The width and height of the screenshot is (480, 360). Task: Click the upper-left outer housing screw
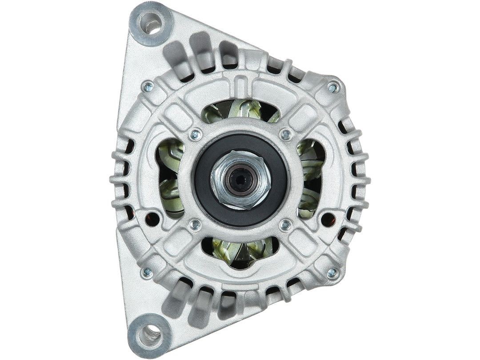pos(148,86)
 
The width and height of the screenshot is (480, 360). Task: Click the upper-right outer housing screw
pos(332,88)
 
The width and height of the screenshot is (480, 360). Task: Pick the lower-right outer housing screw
pos(331,272)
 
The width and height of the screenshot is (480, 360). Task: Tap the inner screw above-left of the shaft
pos(195,133)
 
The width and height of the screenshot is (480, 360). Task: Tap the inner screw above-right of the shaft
pos(286,134)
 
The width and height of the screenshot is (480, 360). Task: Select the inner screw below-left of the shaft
pos(194,225)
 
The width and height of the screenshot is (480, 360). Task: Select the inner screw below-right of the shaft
pos(285,225)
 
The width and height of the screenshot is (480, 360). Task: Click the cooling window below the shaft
pos(240,249)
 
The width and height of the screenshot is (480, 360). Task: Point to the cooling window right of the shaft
pos(310,178)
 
